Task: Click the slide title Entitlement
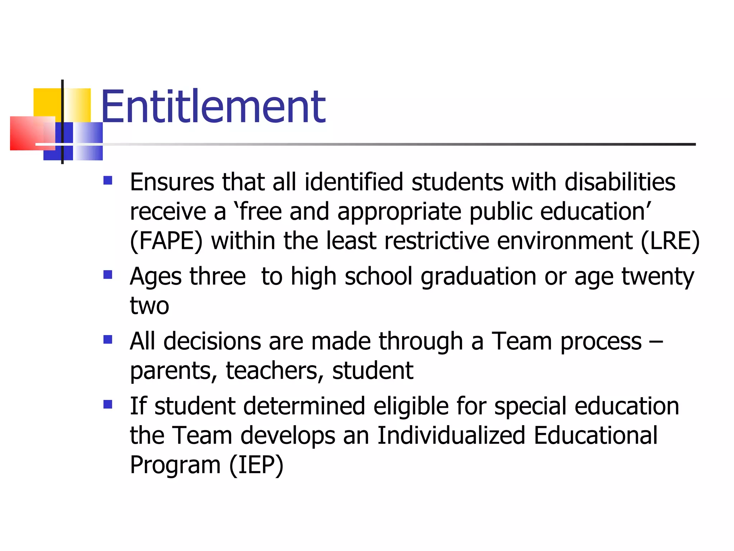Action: [213, 107]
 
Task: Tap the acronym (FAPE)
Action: [166, 241]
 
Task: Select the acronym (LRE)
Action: [670, 241]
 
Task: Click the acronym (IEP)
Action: [256, 465]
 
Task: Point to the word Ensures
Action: [172, 182]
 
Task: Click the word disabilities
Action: [620, 182]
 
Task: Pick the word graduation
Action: [478, 277]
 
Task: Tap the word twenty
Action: [658, 277]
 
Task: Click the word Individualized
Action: [451, 435]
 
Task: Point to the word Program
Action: [175, 465]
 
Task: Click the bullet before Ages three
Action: [108, 275]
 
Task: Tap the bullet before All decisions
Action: [108, 339]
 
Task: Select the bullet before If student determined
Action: [108, 405]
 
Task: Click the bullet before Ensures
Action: [108, 180]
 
